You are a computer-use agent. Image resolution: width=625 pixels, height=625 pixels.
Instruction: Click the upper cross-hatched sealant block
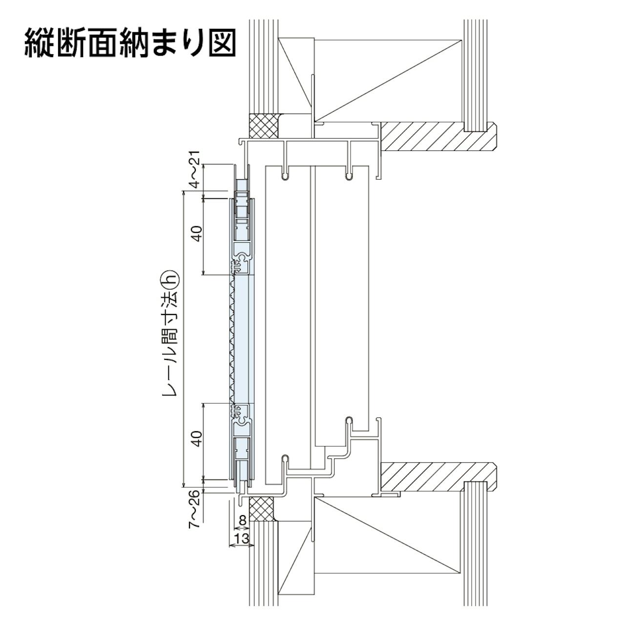tap(264, 125)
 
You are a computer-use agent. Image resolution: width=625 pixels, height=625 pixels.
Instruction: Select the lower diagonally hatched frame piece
tap(430, 476)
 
